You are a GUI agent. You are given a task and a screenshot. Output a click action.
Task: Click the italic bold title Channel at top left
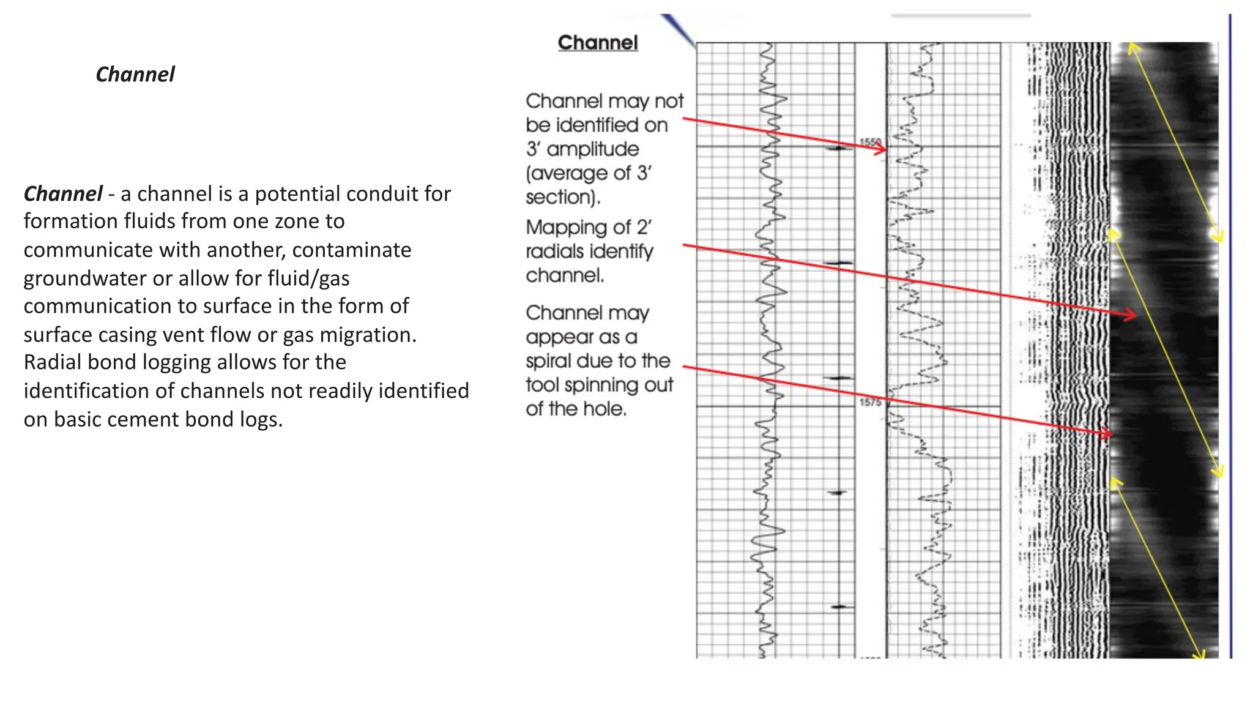click(135, 75)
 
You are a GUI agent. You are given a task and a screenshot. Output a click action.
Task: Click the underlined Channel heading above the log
click(598, 43)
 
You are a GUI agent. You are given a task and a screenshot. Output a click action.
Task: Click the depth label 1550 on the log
click(870, 143)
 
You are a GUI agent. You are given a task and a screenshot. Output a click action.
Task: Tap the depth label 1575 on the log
click(870, 402)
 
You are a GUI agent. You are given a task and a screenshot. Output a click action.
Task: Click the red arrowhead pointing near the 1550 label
click(881, 149)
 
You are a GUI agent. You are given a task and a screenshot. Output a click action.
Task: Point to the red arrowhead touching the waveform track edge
click(1106, 433)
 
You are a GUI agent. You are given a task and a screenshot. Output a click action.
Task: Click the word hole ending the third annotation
click(606, 409)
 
